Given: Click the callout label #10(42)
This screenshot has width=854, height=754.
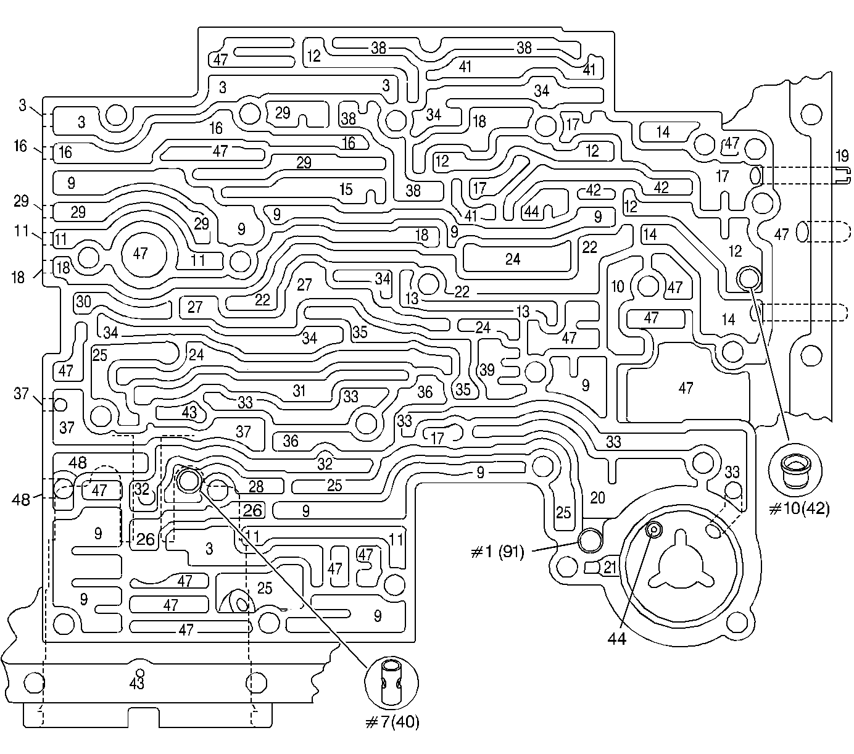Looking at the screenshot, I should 800,508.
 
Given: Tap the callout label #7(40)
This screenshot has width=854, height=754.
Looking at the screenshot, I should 392,721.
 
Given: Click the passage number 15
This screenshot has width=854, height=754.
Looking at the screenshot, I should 346,189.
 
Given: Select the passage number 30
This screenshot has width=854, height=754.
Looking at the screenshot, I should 84,302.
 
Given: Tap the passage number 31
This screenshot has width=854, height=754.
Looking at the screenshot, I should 299,391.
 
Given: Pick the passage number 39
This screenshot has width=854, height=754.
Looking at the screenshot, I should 487,370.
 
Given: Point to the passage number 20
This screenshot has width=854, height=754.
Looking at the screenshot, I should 597,497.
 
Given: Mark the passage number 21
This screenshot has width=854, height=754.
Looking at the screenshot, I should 610,567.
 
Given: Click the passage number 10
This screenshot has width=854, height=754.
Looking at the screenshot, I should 618,286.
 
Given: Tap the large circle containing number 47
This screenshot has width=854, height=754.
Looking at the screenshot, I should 141,253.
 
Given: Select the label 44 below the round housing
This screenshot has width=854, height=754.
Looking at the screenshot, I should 617,639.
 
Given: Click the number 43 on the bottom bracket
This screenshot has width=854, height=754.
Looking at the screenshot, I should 136,683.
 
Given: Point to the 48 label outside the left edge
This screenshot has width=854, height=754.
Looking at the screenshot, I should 22,499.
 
